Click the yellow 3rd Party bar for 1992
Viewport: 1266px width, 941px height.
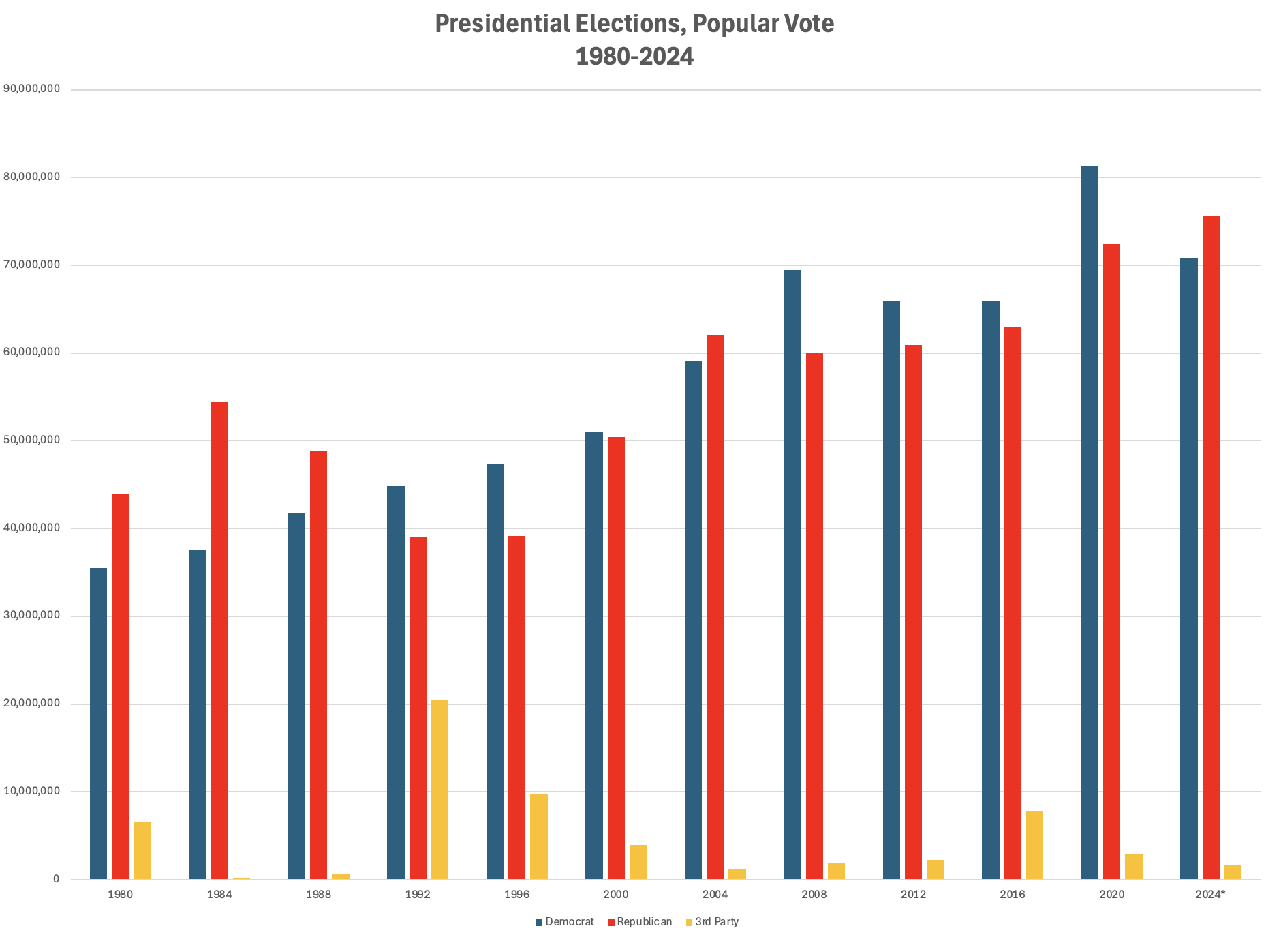(x=439, y=790)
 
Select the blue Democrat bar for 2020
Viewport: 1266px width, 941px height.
(x=1090, y=522)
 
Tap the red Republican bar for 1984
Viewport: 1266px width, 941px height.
(x=219, y=640)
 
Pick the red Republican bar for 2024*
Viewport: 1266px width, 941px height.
(x=1211, y=548)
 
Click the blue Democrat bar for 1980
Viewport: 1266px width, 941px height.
(x=98, y=723)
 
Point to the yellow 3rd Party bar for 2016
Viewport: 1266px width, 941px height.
(x=1034, y=845)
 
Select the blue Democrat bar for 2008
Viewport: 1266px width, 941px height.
(x=792, y=574)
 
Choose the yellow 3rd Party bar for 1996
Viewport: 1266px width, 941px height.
(x=539, y=837)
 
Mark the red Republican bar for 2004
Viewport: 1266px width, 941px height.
(x=715, y=607)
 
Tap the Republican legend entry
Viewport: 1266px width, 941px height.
(x=644, y=922)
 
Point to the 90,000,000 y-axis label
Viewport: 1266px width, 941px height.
(x=31, y=89)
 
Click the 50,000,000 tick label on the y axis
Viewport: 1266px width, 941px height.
(x=31, y=440)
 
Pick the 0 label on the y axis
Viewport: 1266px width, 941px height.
(x=56, y=879)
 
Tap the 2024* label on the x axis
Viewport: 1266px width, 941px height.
(x=1210, y=895)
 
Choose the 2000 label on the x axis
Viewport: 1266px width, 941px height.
(x=616, y=895)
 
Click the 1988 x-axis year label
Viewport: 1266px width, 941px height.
(x=318, y=895)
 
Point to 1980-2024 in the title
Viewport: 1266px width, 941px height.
(x=634, y=57)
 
